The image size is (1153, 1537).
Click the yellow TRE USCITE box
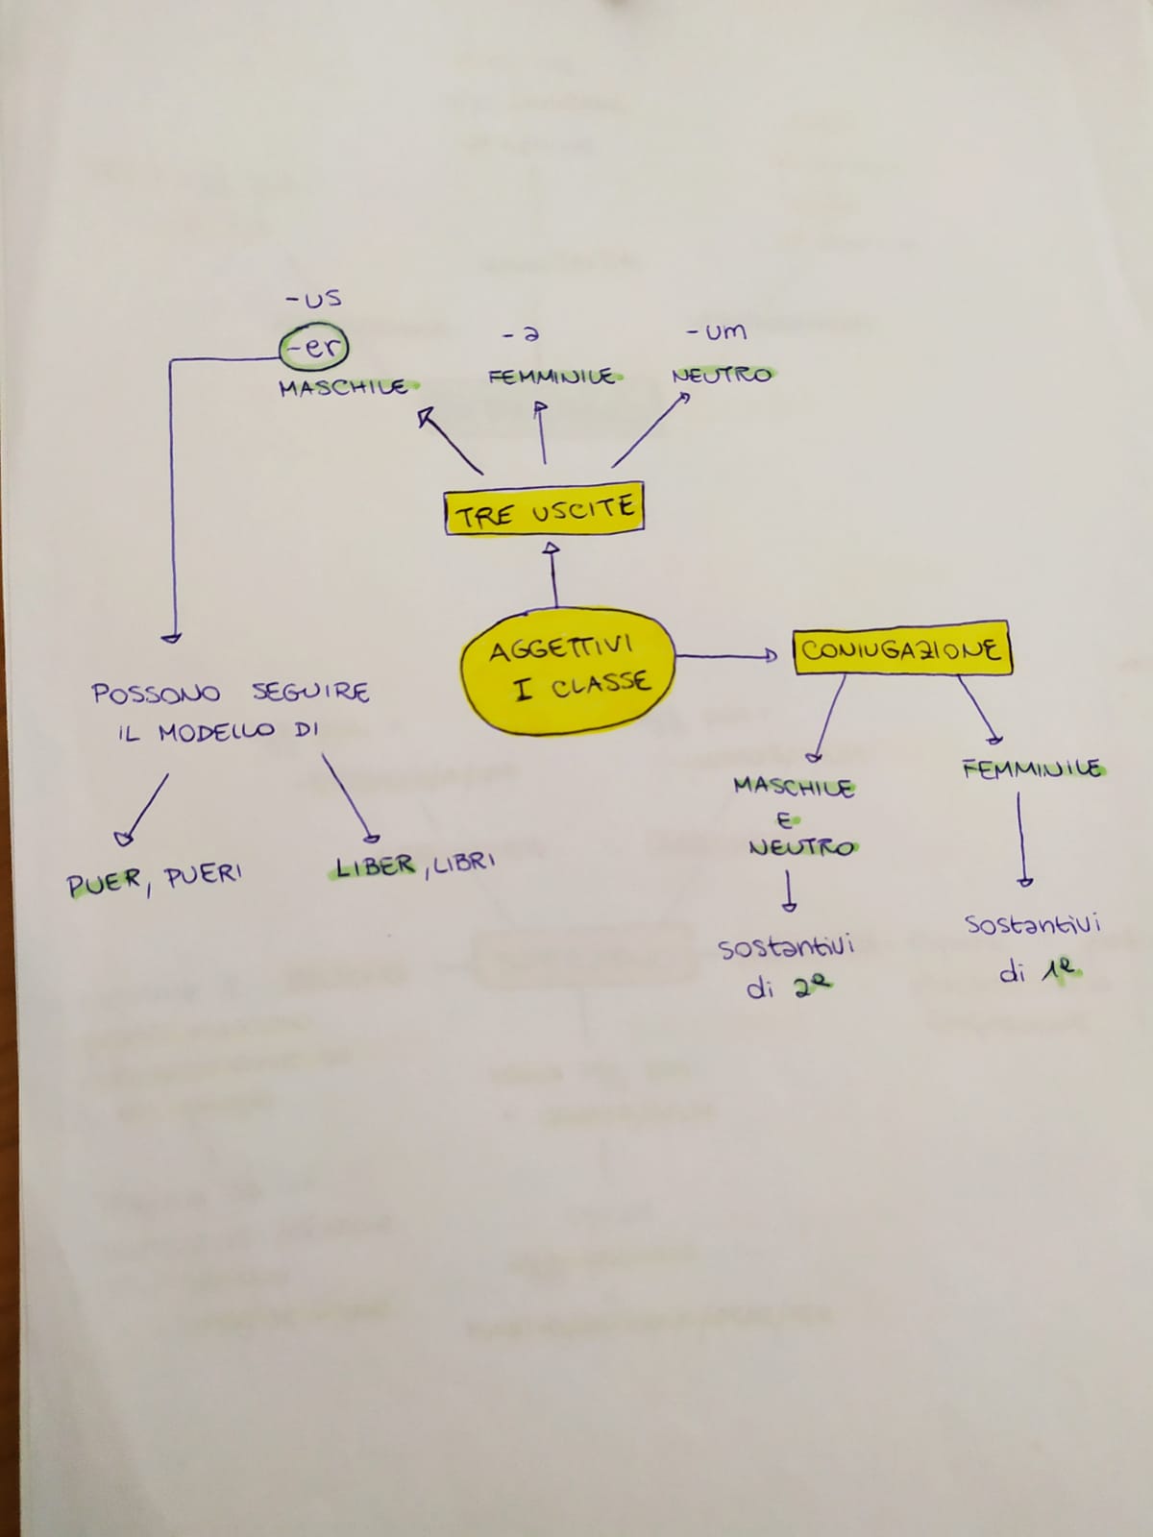coord(544,510)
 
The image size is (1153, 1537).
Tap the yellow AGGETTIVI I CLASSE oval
coord(567,669)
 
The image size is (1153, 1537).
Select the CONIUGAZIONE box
coord(901,649)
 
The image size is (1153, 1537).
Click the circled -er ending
coord(314,347)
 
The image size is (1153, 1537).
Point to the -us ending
coord(314,299)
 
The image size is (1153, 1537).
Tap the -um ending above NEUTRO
coord(716,332)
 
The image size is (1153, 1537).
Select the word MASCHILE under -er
coord(343,387)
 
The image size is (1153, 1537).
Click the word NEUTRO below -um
coord(722,375)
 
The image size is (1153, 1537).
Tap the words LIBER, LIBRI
coord(413,866)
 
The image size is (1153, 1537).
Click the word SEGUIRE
coord(310,692)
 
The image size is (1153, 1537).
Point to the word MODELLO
coord(216,732)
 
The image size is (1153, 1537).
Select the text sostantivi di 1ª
coord(1033,948)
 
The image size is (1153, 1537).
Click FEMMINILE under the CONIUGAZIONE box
coord(1032,768)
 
